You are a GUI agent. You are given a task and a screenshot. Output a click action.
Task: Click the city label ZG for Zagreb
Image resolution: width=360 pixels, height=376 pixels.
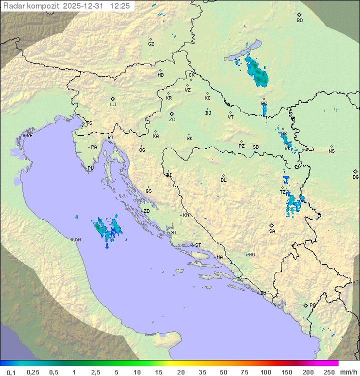(x=172, y=120)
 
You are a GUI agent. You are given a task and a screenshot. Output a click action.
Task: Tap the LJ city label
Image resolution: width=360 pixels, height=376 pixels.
(x=113, y=105)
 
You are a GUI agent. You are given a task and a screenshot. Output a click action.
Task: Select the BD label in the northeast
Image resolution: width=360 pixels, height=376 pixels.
(x=299, y=21)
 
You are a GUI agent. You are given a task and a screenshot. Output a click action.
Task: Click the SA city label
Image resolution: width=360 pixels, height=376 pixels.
(x=272, y=231)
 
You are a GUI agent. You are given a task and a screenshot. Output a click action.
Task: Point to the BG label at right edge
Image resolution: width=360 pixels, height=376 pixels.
(x=355, y=177)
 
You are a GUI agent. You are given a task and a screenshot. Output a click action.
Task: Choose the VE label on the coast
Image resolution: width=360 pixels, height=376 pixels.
(x=29, y=136)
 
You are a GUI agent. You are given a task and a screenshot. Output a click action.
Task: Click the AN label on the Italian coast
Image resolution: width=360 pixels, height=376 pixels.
(x=77, y=240)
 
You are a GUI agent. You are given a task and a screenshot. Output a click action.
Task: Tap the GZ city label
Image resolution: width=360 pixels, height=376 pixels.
(x=151, y=44)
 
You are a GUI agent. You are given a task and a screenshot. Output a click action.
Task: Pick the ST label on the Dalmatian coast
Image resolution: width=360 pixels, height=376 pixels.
(x=198, y=245)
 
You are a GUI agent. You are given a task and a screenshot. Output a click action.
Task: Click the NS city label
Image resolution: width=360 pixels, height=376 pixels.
(x=331, y=151)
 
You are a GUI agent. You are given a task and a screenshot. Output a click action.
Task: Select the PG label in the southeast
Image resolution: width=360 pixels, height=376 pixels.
(x=312, y=305)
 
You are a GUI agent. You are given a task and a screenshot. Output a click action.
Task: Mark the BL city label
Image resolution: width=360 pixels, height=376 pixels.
(x=223, y=180)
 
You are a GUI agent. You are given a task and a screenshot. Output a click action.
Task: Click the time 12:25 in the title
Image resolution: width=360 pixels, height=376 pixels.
(x=120, y=6)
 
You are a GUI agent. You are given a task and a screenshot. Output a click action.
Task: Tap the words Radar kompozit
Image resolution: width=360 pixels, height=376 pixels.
(x=31, y=6)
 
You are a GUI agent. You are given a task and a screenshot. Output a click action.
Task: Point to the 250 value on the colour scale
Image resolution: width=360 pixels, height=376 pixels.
(x=328, y=372)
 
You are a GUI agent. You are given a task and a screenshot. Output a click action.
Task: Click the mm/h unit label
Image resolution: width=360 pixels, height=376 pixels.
(x=348, y=372)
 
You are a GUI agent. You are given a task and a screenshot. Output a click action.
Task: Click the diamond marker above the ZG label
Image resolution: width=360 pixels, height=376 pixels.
(x=171, y=114)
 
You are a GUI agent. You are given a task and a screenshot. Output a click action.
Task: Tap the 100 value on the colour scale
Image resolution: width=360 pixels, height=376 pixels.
(x=265, y=372)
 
